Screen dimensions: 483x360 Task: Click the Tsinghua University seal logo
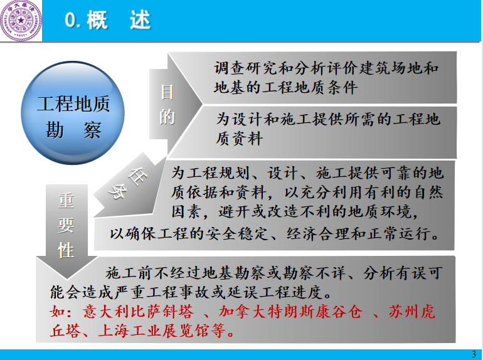21,20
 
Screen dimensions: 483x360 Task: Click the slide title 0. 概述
108,20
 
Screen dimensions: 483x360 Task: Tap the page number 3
474,354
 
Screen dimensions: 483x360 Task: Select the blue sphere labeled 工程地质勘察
73,113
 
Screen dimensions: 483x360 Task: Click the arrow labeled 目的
175,104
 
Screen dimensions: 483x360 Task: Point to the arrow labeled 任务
129,185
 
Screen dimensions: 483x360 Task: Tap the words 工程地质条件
310,87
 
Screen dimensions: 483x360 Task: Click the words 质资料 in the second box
239,139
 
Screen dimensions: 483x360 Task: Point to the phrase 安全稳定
236,234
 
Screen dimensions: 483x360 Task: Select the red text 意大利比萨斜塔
138,312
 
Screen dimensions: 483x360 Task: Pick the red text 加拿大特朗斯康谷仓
290,312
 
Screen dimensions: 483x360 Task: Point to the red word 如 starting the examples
58,312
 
